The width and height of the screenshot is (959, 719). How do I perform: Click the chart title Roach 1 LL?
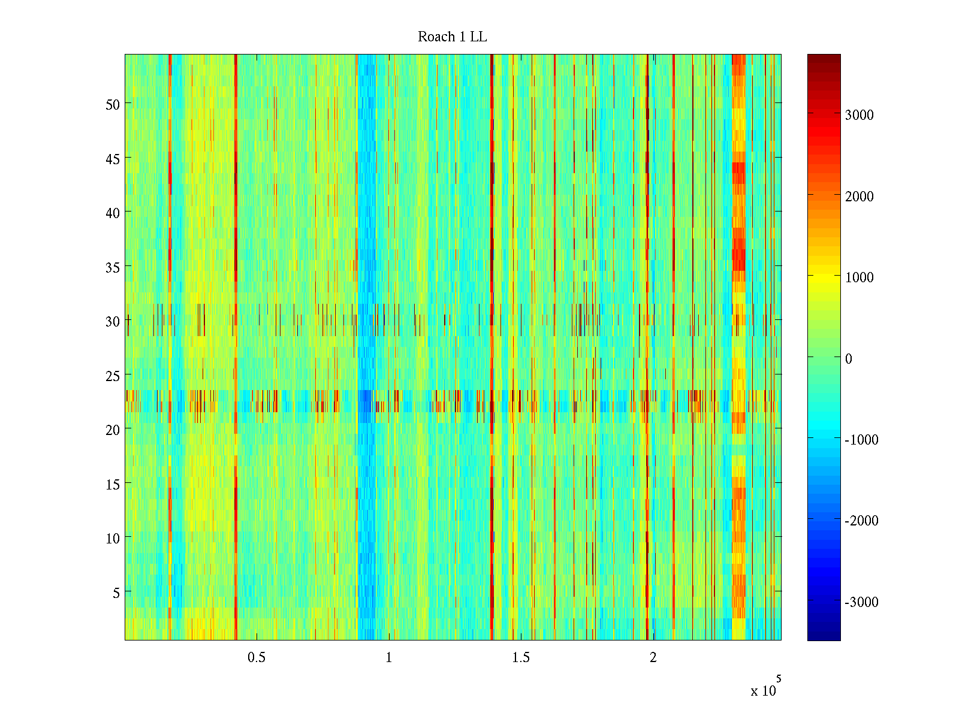click(452, 37)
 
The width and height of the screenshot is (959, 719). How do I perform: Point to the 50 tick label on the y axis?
click(113, 104)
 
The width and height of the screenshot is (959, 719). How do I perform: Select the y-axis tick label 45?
click(113, 159)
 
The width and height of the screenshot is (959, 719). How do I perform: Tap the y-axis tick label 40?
click(113, 213)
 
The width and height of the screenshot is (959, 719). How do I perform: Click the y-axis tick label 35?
click(113, 267)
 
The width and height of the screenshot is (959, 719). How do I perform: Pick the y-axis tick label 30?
click(113, 321)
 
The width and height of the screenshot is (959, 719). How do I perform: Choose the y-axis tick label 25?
click(113, 376)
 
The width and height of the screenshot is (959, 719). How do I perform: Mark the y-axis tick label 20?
click(113, 430)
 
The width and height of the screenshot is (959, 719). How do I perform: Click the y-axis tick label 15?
click(113, 484)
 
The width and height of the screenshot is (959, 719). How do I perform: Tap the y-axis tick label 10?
click(113, 538)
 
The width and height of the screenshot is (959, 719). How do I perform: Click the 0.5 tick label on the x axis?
click(257, 658)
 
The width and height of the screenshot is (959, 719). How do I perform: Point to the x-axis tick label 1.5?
click(521, 658)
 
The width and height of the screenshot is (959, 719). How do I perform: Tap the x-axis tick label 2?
click(653, 658)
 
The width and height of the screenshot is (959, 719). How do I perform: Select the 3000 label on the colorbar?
click(859, 116)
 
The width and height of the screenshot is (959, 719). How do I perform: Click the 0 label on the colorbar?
click(849, 359)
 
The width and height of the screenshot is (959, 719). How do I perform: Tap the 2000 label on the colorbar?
click(859, 197)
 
